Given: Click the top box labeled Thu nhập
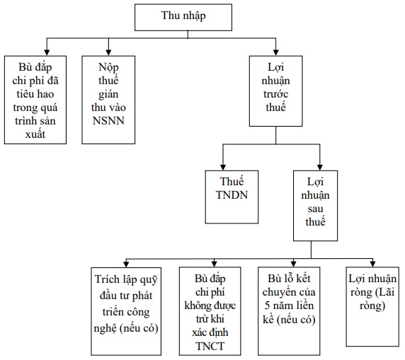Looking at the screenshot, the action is pyautogui.click(x=183, y=17).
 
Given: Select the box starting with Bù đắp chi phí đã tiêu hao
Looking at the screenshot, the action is pyautogui.click(x=35, y=100).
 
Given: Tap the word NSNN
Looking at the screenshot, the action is pyautogui.click(x=108, y=121).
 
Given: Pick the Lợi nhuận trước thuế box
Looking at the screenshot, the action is pyautogui.click(x=276, y=91).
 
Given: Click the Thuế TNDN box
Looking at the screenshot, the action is pyautogui.click(x=232, y=197).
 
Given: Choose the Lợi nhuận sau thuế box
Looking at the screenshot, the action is pyautogui.click(x=315, y=206).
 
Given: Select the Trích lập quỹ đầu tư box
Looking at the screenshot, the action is pyautogui.click(x=126, y=311).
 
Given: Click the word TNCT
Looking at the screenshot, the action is pyautogui.click(x=210, y=347).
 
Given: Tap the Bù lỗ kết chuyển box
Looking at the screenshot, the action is pyautogui.click(x=289, y=311).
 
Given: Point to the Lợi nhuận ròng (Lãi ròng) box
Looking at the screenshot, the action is pyautogui.click(x=372, y=306).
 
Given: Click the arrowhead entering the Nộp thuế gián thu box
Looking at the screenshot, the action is pyautogui.click(x=108, y=52).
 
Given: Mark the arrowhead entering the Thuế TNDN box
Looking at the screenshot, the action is pyautogui.click(x=223, y=167).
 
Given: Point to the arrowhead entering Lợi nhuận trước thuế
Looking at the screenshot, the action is pyautogui.click(x=276, y=52).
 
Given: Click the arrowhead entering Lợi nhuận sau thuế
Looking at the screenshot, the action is pyautogui.click(x=320, y=167).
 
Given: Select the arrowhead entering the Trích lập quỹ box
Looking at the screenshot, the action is pyautogui.click(x=126, y=264).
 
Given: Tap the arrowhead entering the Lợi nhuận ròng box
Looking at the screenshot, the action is pyautogui.click(x=372, y=264).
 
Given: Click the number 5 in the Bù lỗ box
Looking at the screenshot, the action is pyautogui.click(x=267, y=306).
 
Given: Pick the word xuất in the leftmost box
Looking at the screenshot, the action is pyautogui.click(x=35, y=134).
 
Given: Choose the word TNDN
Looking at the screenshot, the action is pyautogui.click(x=232, y=194).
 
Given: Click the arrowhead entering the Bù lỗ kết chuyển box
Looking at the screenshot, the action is pyautogui.click(x=293, y=264).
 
